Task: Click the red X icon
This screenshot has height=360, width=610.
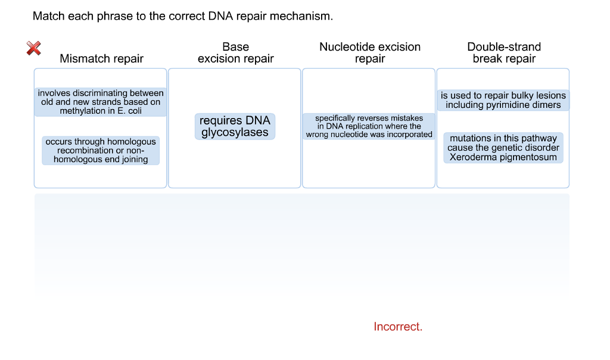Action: (x=34, y=48)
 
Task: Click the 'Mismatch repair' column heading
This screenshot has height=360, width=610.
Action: (x=101, y=58)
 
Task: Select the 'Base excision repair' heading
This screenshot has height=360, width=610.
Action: (x=235, y=52)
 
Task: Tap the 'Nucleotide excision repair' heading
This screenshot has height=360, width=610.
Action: (x=369, y=52)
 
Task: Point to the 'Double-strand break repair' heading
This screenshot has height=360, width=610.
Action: (x=504, y=52)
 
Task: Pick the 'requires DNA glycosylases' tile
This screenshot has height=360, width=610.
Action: (x=235, y=126)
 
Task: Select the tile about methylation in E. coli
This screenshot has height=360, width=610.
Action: (x=101, y=102)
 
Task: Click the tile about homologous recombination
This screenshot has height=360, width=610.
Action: (x=101, y=151)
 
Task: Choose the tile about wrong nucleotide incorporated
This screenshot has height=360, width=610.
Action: (x=369, y=126)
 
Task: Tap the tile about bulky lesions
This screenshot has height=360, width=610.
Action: (x=503, y=100)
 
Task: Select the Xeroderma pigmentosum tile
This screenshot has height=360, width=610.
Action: (x=503, y=148)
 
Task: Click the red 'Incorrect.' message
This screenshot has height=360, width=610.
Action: (x=398, y=327)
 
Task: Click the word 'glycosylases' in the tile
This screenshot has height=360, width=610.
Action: (x=235, y=132)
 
